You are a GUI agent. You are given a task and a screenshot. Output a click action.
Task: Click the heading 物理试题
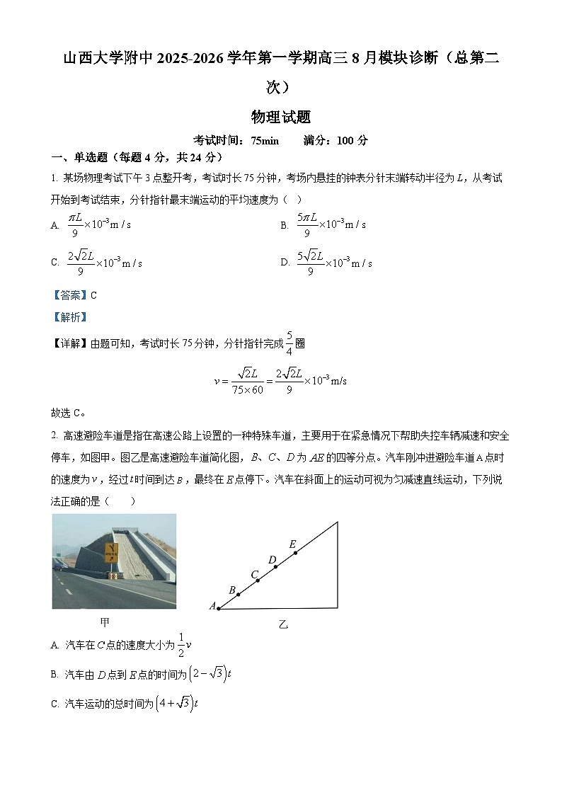(281, 117)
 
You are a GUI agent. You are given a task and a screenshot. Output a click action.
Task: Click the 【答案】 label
(69, 295)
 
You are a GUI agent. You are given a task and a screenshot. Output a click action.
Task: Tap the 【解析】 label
(69, 317)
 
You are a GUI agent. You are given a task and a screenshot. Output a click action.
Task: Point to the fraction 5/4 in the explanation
(289, 342)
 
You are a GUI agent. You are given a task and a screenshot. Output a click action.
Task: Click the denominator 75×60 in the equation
(247, 389)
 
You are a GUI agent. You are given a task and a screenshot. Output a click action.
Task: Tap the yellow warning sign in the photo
(111, 551)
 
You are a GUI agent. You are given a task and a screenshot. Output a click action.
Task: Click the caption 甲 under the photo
(105, 622)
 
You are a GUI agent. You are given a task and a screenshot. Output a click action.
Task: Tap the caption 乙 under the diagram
(283, 624)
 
